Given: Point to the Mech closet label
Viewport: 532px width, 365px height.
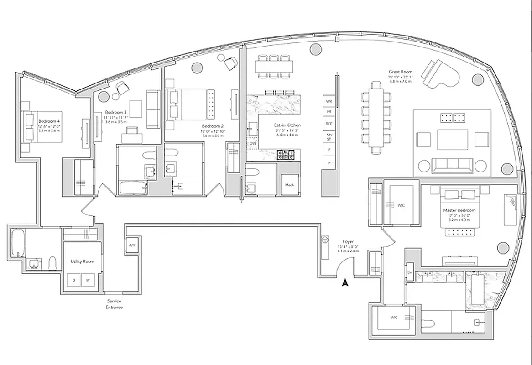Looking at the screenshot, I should coord(289,185).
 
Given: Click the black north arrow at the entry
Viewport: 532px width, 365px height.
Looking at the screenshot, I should coord(345,283).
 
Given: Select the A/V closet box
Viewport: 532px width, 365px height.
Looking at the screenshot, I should coord(132,245).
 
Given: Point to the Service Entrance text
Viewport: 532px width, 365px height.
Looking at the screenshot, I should coord(114,304).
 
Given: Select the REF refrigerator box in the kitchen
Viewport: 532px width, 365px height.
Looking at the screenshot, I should coord(329,124).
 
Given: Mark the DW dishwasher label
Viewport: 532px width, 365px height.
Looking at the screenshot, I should coord(252,143).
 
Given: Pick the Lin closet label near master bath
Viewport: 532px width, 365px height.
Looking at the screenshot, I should coord(410,272).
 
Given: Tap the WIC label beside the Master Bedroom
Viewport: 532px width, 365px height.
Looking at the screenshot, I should coord(401,205).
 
